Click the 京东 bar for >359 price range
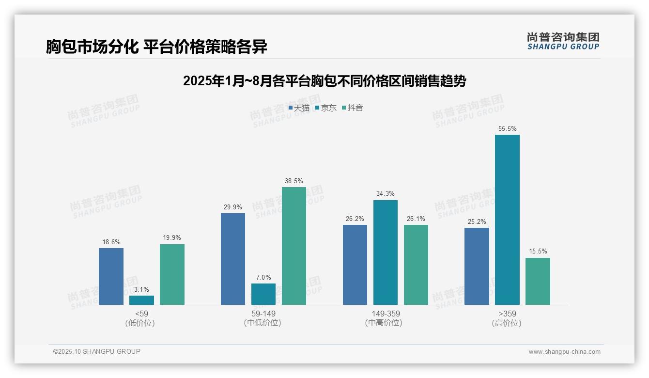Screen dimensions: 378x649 point(507,220)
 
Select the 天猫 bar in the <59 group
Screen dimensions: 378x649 point(111,276)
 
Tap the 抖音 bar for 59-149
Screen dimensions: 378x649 point(294,246)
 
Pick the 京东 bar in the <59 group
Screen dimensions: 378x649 point(141,300)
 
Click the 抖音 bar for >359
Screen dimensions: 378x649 point(538,281)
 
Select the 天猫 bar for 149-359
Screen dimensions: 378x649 point(355,265)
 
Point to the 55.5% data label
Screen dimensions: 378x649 point(507,129)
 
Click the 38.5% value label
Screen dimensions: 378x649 point(294,181)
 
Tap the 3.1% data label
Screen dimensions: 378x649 point(141,289)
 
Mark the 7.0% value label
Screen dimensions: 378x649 point(263,278)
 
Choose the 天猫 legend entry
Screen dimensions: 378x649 point(299,108)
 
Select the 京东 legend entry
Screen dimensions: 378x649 point(325,108)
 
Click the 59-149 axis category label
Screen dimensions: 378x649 point(263,314)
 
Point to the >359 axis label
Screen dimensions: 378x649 point(507,314)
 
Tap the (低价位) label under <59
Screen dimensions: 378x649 point(140,323)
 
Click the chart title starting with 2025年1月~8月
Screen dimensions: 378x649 point(324,81)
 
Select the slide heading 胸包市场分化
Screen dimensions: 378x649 point(156,47)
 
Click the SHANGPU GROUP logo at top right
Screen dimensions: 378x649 point(563,41)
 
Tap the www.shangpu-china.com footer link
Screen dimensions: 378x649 point(564,352)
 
